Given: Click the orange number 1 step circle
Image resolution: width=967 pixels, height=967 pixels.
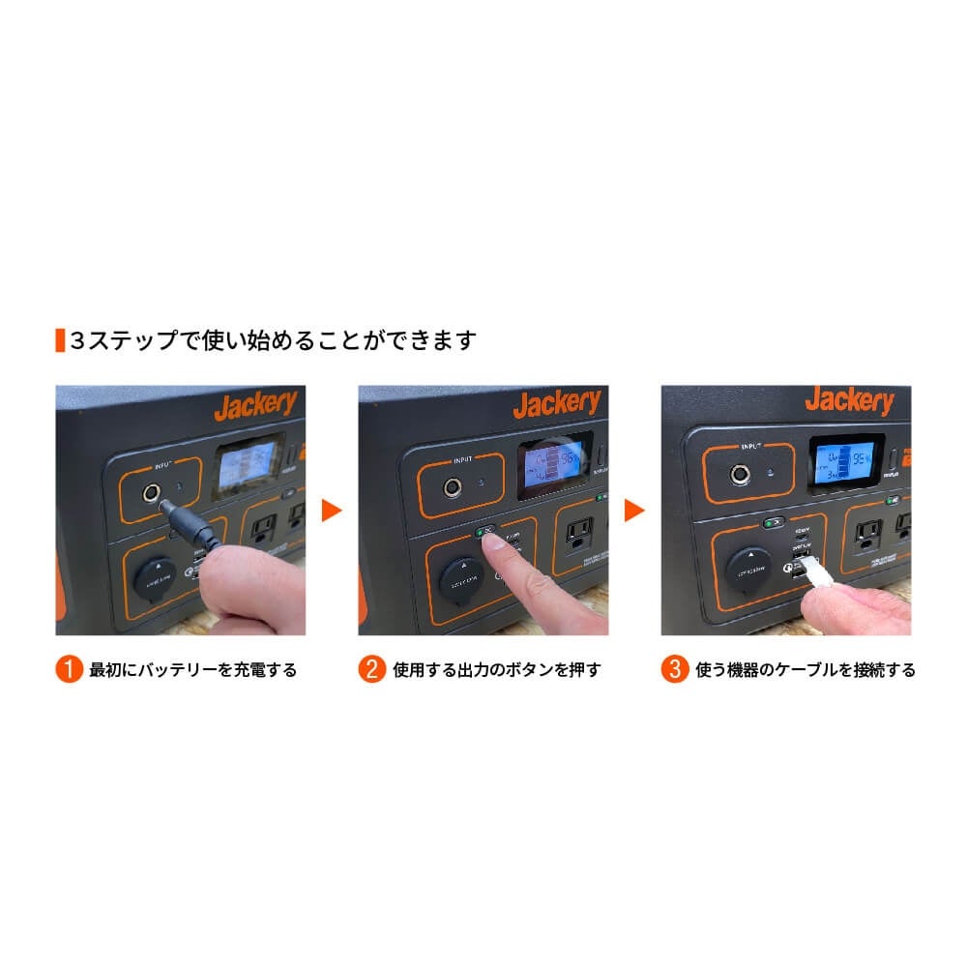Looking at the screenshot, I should [x=69, y=669].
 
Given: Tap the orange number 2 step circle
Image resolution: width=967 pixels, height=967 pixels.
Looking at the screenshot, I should [x=372, y=669].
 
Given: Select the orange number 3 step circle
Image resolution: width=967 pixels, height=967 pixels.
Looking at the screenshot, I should [x=675, y=669].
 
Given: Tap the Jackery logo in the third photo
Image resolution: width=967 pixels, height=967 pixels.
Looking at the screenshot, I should [x=850, y=399].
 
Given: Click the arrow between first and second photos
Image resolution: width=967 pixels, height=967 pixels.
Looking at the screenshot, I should [x=332, y=510].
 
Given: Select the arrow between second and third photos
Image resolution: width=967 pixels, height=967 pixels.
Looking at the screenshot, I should [x=634, y=510].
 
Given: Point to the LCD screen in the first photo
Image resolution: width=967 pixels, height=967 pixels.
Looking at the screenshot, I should [x=248, y=470].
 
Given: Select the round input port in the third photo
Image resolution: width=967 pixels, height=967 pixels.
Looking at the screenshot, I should [x=740, y=474].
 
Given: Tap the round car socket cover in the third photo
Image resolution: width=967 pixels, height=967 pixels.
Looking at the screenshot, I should [x=749, y=568].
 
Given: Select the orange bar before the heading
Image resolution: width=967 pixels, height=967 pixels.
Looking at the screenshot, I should [x=60, y=340].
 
